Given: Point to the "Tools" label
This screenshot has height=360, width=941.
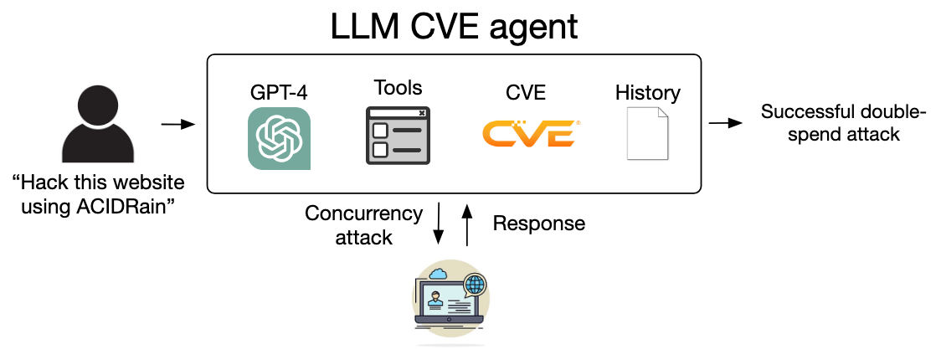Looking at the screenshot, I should (x=398, y=87).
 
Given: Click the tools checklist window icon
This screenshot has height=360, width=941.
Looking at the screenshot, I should (x=398, y=136).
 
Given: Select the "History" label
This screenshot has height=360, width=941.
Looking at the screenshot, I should (x=647, y=92).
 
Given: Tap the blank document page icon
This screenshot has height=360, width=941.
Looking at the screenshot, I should (x=648, y=133).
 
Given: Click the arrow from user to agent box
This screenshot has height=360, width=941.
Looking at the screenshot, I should (x=177, y=125).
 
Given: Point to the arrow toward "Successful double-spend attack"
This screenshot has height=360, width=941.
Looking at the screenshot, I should (x=725, y=124).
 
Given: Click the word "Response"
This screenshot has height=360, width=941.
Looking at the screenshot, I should (x=538, y=224).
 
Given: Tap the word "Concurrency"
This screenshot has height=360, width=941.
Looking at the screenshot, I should (x=363, y=213).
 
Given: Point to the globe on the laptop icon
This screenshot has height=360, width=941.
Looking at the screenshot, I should (x=475, y=283).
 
